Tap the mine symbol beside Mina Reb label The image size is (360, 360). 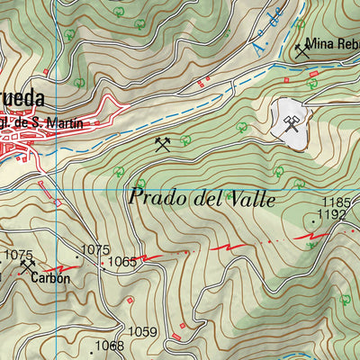301,50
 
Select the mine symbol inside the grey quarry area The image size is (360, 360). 291,124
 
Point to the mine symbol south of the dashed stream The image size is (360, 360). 162,143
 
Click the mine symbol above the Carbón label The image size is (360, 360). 29,266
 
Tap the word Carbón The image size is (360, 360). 49,278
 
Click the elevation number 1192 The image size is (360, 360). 333,215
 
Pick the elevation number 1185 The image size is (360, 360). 336,202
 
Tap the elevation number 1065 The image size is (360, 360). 122,262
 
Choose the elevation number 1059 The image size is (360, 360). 143,331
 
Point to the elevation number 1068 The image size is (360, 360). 110,346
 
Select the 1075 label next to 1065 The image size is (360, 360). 94,249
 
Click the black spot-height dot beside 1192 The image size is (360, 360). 313,218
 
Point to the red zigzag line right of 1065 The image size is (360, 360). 230,246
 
